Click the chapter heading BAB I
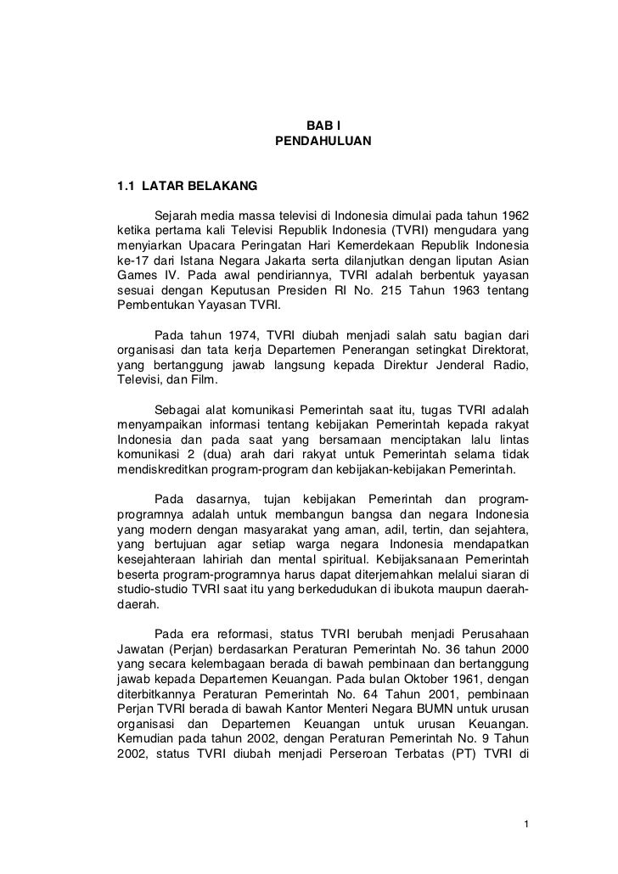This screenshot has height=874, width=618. coord(323,126)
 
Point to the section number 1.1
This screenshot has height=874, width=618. coord(126,183)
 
